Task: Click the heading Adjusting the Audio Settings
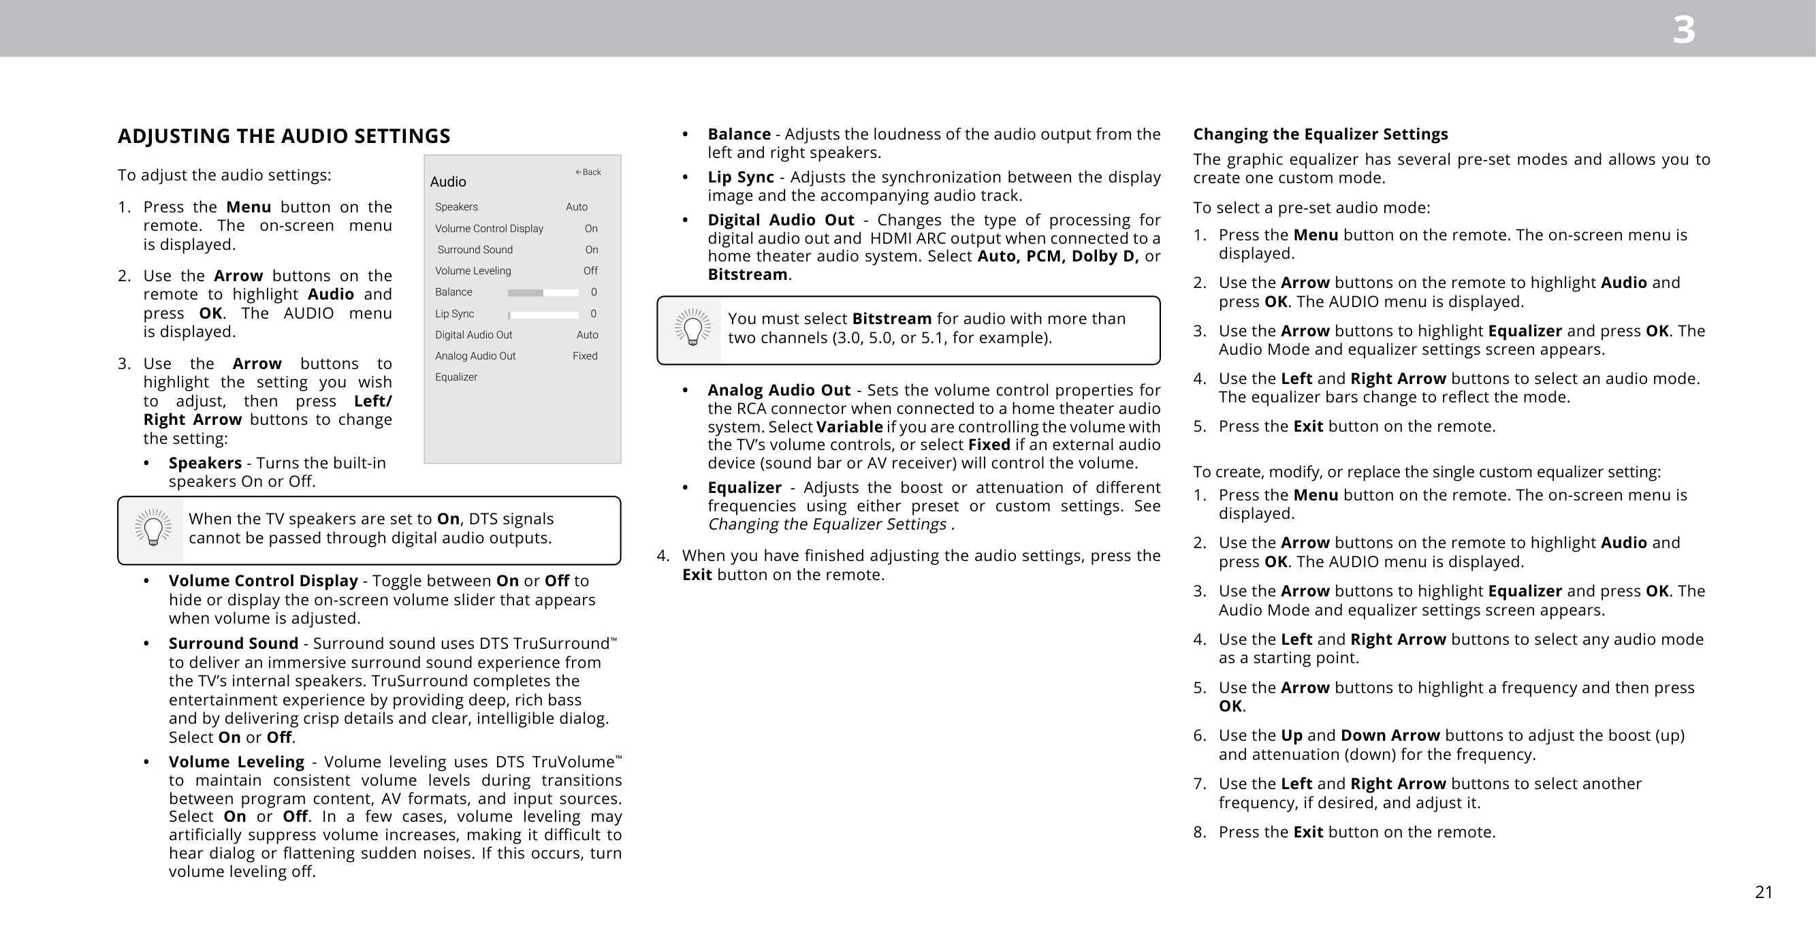(x=283, y=136)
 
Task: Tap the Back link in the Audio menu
(x=588, y=172)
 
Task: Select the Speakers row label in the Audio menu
(x=456, y=206)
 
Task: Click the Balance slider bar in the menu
(x=543, y=293)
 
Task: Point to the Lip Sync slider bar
(x=543, y=315)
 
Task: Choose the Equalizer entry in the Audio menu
(x=456, y=377)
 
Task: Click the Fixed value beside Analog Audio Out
(x=584, y=356)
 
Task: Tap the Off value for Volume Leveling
(x=590, y=271)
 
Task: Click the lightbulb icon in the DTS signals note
(x=153, y=528)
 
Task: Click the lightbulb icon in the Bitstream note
(x=692, y=327)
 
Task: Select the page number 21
(x=1763, y=892)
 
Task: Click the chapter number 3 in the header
(x=1683, y=31)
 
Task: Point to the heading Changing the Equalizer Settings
(x=1320, y=134)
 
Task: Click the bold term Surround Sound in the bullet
(x=234, y=643)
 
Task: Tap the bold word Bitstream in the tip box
(x=891, y=319)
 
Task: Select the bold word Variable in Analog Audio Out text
(x=849, y=427)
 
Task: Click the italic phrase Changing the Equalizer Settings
(x=827, y=524)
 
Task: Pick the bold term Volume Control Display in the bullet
(x=263, y=580)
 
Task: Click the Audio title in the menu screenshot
(x=447, y=182)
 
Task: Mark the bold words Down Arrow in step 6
(x=1390, y=735)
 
